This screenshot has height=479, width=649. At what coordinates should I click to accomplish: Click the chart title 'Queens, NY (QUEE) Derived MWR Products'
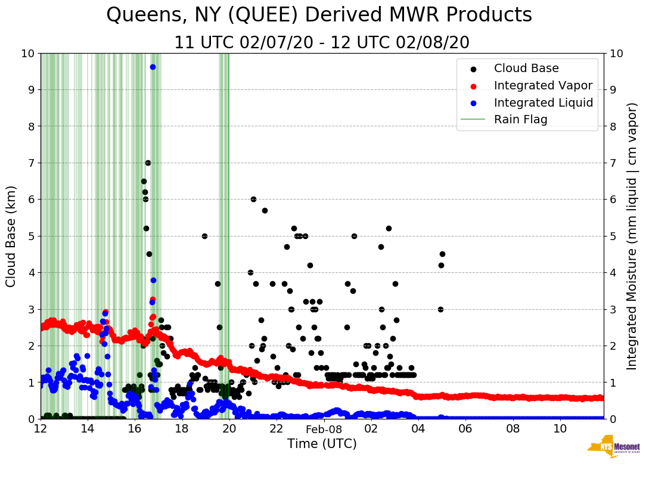tap(319, 15)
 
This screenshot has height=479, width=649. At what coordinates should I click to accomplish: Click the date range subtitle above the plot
tap(322, 43)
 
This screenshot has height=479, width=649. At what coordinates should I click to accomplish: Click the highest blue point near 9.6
tap(153, 67)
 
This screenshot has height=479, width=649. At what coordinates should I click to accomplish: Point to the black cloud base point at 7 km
tap(148, 163)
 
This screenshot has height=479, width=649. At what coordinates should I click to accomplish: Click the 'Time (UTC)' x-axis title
tap(322, 444)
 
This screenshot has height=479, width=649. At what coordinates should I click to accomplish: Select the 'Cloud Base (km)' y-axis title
tap(11, 236)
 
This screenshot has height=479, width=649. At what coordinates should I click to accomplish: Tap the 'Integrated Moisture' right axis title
tap(632, 236)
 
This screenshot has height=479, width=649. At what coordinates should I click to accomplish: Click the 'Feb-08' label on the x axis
tap(324, 429)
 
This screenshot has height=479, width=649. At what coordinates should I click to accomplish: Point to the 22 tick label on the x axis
tap(276, 429)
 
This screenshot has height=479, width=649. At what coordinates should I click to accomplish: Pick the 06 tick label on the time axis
tap(465, 429)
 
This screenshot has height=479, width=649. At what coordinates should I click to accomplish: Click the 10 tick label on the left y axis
tap(27, 53)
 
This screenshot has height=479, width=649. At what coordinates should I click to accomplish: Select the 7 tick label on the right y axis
tap(613, 163)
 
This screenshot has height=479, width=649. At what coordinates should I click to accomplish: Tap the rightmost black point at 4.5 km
tap(442, 254)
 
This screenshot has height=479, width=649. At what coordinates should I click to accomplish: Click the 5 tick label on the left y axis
tap(30, 236)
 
